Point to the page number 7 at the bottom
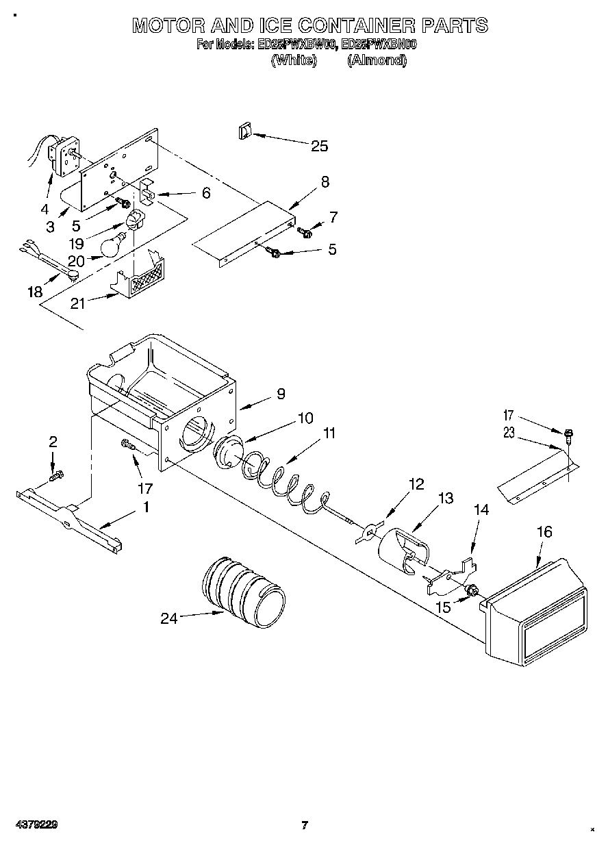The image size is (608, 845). (305, 824)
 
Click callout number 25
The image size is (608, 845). (319, 146)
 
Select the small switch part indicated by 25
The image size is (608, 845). (244, 131)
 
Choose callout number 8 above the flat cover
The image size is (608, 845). (325, 181)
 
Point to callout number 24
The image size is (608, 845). (168, 618)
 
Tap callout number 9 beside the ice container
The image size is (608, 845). (281, 394)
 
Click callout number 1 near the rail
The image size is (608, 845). (145, 507)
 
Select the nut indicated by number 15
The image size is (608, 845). (470, 589)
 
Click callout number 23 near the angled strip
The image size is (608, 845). (508, 432)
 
